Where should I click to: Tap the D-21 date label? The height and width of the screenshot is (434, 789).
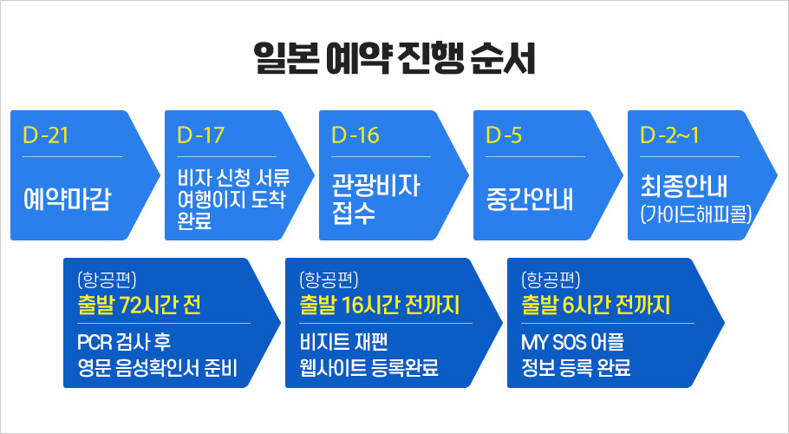click(46, 135)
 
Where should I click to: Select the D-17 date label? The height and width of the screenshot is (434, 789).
click(200, 135)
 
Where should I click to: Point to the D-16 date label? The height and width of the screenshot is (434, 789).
click(355, 135)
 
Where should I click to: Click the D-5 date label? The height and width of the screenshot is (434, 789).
click(504, 135)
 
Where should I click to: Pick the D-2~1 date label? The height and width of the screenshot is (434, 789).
click(669, 135)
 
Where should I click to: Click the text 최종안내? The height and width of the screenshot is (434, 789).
click(685, 187)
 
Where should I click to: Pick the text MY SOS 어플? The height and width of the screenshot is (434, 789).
click(567, 340)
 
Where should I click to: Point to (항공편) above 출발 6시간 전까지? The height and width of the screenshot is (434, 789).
click(550, 279)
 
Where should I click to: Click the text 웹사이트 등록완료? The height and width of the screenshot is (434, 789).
click(368, 367)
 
